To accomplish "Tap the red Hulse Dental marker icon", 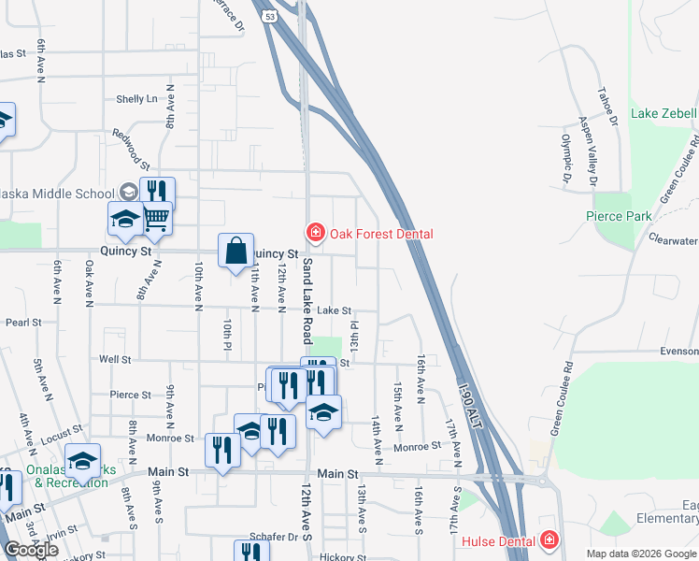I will coord(549,540).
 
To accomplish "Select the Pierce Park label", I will coord(619,216).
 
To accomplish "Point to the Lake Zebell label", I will coord(663,113).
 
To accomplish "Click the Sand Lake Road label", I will coord(306,301).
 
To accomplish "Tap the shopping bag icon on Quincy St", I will coord(236,251).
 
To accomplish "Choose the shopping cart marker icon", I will coord(157,218).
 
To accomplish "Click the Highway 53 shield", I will coord(270,16).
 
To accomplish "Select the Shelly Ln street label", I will coord(136,99).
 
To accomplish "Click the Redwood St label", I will coord(126,148).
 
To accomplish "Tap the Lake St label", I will coord(334,310).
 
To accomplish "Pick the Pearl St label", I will coord(23,323).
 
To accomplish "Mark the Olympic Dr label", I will coord(567,159).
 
